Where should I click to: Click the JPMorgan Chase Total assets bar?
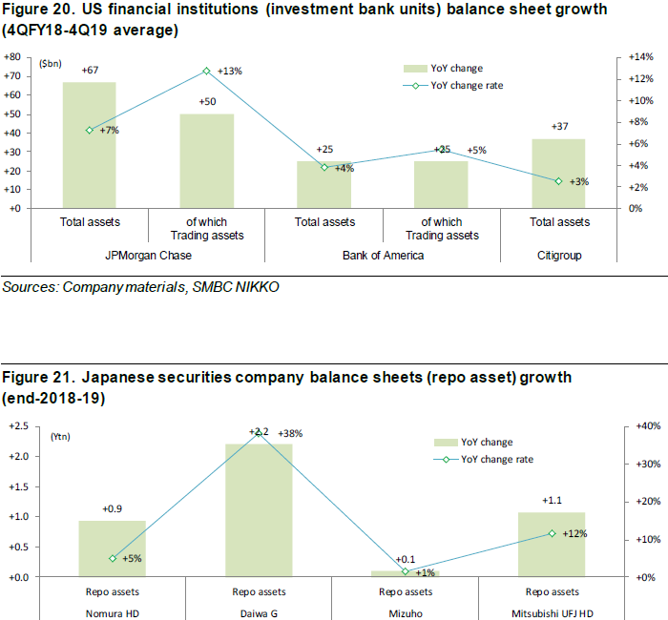click(90, 144)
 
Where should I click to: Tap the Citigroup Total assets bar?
click(559, 173)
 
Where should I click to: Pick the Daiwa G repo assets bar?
click(259, 510)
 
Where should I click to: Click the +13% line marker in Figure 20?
click(206, 71)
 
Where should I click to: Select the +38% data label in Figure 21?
click(288, 433)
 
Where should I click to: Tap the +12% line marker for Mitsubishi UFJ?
click(552, 533)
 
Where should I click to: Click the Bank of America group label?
click(383, 256)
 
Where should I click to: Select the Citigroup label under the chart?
click(559, 256)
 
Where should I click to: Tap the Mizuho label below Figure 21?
click(406, 610)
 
